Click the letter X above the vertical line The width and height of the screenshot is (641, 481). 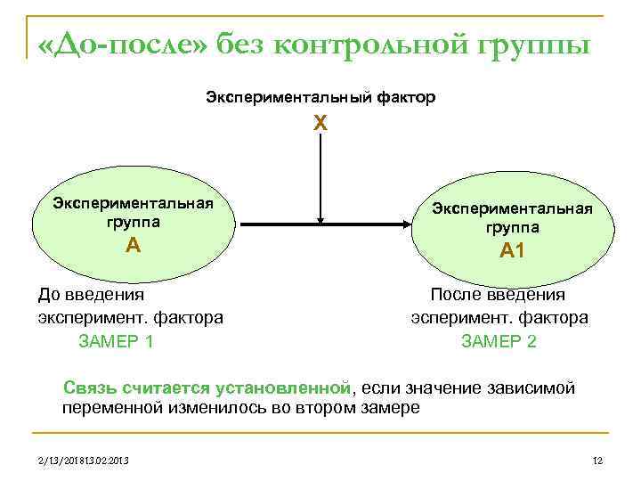point(320,126)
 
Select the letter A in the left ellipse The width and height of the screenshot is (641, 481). point(133,244)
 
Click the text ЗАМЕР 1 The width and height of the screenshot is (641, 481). point(117,340)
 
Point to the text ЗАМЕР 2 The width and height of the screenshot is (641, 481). point(499,340)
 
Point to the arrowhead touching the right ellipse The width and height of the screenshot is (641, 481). point(406,224)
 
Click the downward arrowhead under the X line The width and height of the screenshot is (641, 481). point(320,218)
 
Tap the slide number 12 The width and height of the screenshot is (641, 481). point(597,461)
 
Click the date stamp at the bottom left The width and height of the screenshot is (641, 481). point(77,461)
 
